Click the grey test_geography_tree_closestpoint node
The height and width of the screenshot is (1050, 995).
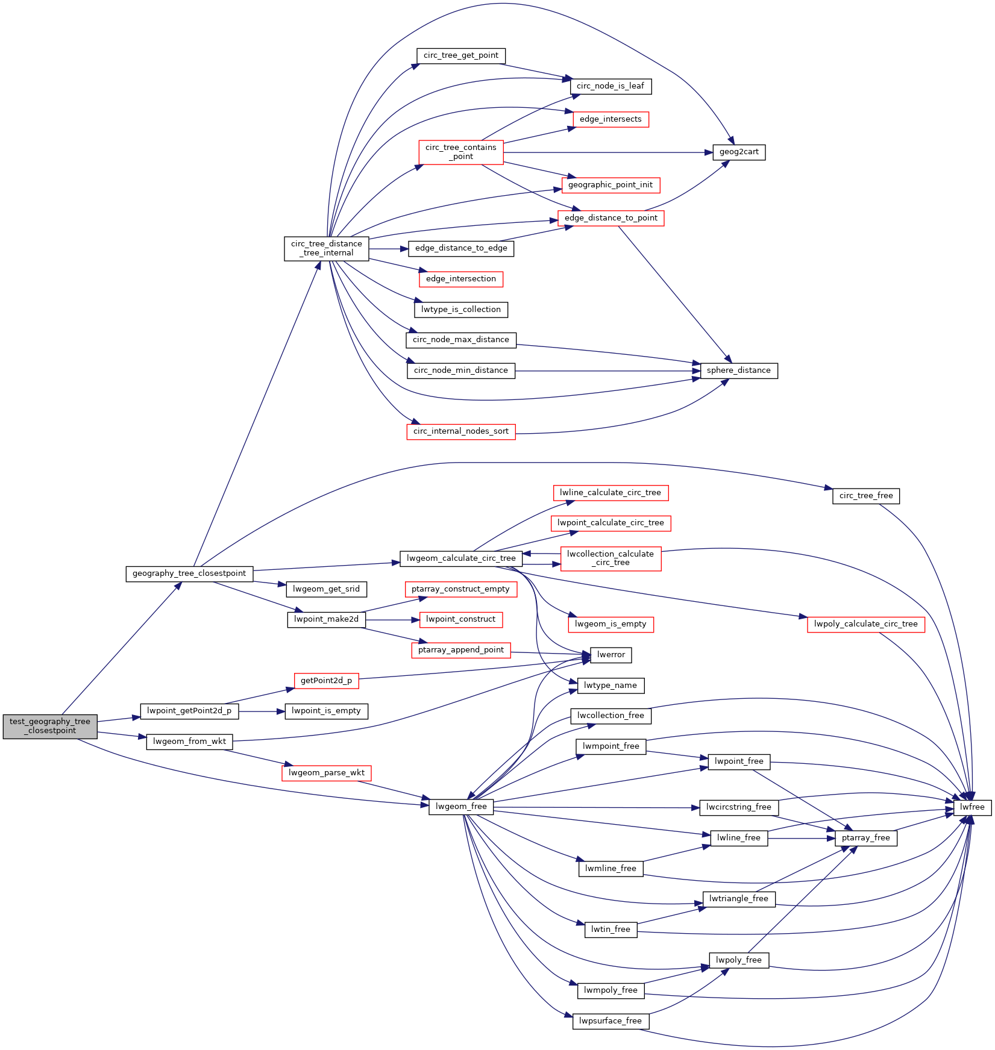(x=50, y=726)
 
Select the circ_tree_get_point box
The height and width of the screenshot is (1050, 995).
(x=461, y=55)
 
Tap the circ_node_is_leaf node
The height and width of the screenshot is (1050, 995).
(x=610, y=86)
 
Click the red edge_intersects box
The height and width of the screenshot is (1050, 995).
(x=610, y=119)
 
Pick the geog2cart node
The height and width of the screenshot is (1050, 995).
(x=739, y=152)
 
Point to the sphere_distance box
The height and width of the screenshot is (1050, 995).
(x=738, y=370)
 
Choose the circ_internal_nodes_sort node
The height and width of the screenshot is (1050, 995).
(x=461, y=431)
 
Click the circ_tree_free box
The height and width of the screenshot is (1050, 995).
(x=866, y=496)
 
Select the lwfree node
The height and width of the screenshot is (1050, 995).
(x=972, y=807)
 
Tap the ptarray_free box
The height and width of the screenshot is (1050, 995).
(x=866, y=838)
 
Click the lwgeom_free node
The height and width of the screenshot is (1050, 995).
(x=461, y=807)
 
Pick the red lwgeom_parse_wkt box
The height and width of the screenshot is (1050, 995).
(x=327, y=773)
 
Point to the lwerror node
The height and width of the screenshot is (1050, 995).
(x=611, y=655)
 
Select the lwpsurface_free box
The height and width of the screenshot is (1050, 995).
(x=610, y=1021)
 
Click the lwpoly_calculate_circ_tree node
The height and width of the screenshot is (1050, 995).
(x=865, y=624)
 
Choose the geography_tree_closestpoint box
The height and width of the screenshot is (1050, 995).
(x=189, y=573)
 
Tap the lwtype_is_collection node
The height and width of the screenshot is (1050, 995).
(x=461, y=310)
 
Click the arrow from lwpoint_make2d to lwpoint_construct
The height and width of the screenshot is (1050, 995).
(x=392, y=620)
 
